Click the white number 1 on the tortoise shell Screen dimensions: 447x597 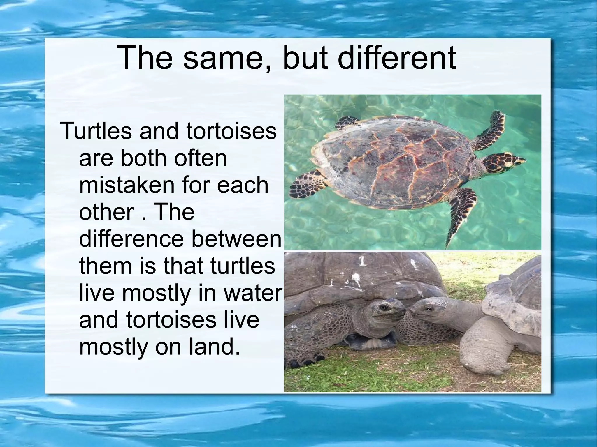362,261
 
